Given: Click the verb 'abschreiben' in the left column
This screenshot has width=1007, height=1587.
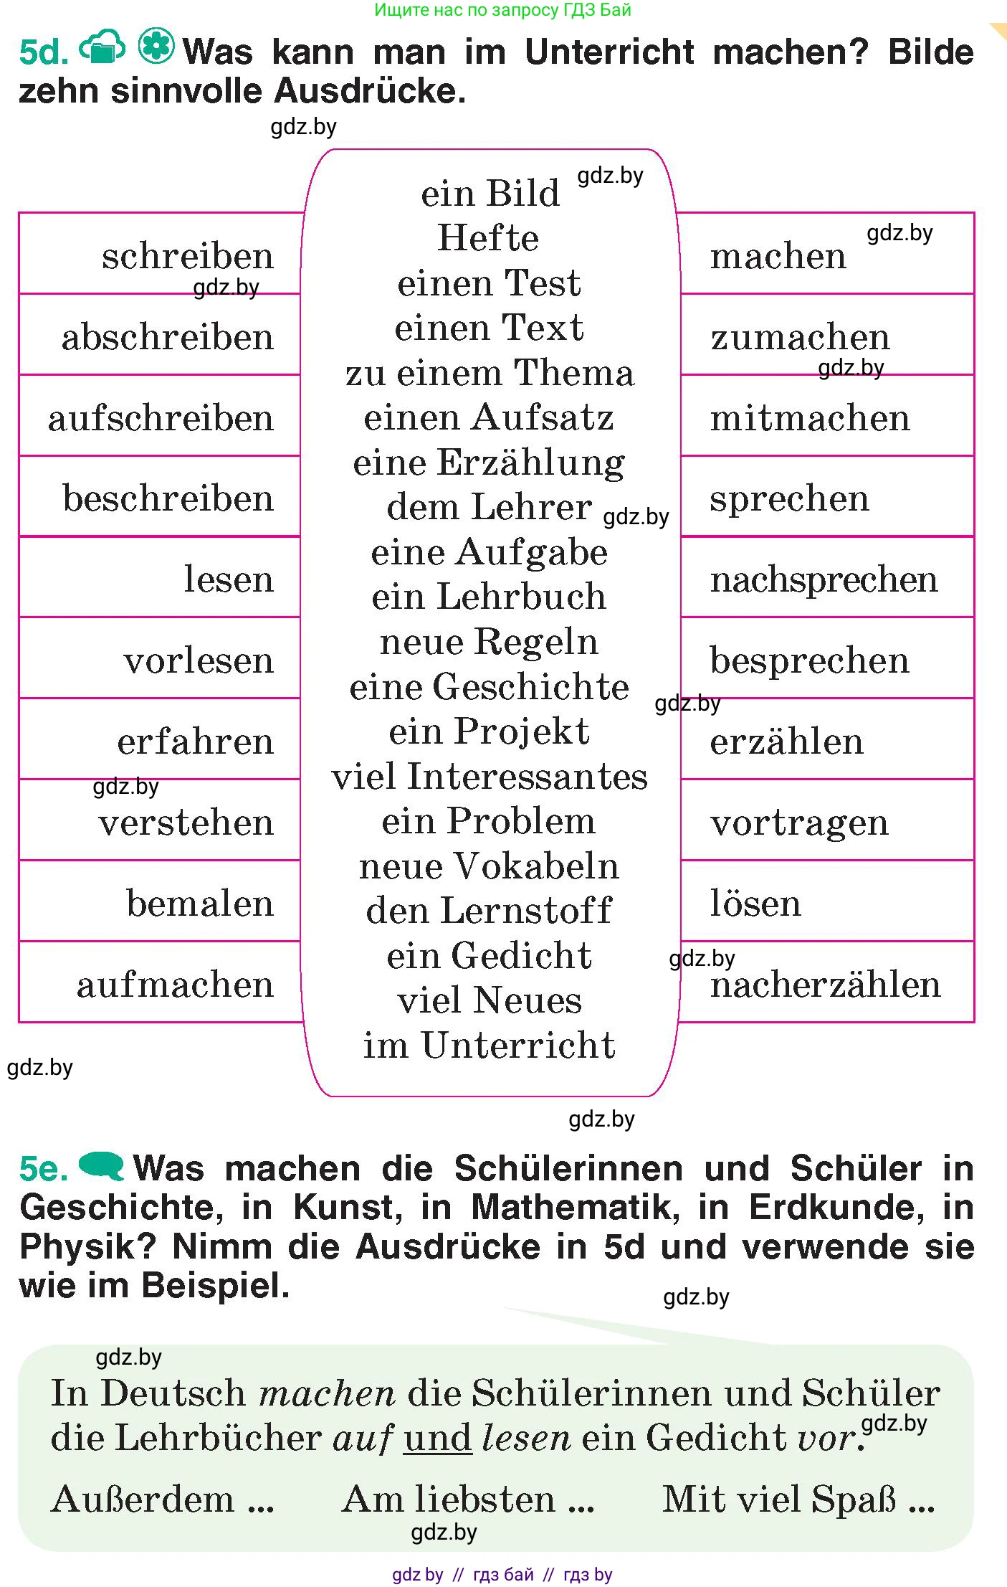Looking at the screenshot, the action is pos(168,337).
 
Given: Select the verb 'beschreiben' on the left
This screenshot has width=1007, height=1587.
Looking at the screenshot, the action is pos(168,498).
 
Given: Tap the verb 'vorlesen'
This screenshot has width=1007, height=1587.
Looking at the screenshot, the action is pos(199,660).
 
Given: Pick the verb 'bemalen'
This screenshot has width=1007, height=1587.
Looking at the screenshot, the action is pos(200,903).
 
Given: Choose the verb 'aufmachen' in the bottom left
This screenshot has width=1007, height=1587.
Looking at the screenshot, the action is pos(175,985).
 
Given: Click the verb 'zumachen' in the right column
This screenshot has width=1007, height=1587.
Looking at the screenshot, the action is pos(800,337).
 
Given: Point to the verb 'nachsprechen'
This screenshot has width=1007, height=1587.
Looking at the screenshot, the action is pos(824,579).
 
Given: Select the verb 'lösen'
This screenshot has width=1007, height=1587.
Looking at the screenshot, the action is pos(755,903).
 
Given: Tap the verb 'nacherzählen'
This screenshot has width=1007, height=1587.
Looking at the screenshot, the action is pos(825,985).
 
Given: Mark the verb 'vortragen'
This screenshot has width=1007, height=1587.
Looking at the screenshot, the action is pos(799,823).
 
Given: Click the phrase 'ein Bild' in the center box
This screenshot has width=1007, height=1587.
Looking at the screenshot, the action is pos(490,194).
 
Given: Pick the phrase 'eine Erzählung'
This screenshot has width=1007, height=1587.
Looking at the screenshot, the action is pos(489,463).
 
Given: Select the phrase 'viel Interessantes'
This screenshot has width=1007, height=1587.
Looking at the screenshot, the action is pos(490,777).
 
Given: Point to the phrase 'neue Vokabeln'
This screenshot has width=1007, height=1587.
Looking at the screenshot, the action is pos(490,866).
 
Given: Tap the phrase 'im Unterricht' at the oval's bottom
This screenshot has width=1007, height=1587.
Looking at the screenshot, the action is pos(490,1046).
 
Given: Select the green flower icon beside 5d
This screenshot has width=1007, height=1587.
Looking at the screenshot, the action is pos(156,47).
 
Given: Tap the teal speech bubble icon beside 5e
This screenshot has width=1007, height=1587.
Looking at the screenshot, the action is pos(101,1165).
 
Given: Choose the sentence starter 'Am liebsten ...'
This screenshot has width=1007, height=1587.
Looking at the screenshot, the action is pos(469,1500).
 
